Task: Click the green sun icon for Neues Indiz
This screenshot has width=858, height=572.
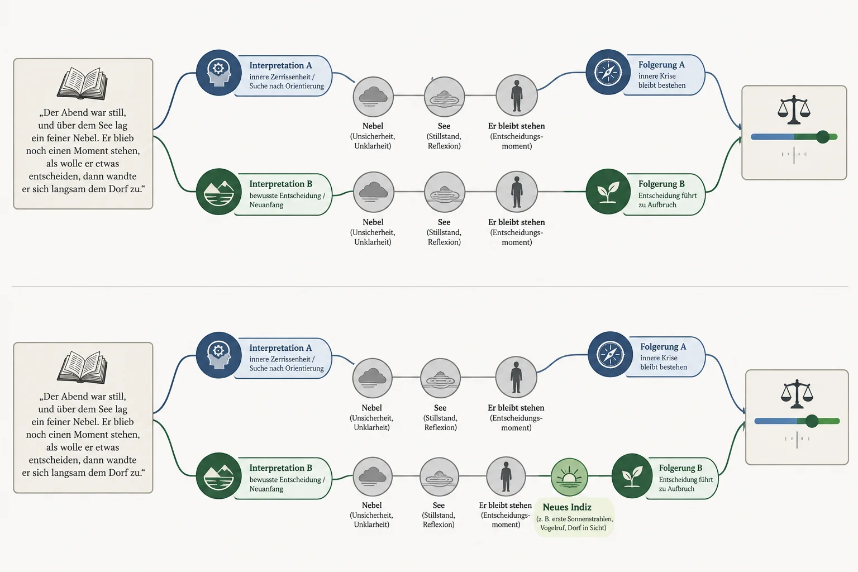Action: pos(569,477)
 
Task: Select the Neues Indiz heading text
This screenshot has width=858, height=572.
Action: pos(567,507)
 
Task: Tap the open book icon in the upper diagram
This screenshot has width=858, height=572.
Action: pos(82,84)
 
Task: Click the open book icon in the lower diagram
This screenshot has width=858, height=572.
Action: pos(82,367)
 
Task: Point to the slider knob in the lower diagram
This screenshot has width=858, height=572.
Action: pos(812,421)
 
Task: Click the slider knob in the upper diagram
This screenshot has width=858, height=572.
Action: pos(823,137)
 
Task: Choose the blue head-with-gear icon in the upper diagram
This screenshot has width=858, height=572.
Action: pos(219,73)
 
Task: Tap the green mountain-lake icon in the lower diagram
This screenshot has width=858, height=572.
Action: pos(219,476)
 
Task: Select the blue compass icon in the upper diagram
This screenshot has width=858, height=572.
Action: pos(608,72)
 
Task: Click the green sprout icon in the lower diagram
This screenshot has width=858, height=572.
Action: pos(632,476)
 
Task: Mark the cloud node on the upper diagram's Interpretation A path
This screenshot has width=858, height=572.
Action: pos(373,97)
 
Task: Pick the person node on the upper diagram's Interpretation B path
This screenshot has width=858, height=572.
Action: pos(517,192)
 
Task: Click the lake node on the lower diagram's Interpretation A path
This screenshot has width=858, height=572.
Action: pos(441,378)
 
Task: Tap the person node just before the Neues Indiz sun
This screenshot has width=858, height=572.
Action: pos(506,476)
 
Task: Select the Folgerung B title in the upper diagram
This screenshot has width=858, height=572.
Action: pos(661,184)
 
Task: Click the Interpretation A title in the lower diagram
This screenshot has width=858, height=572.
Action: pos(280,348)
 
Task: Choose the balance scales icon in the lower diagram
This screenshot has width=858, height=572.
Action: pos(797,394)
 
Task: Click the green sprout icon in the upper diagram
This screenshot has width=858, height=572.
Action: pos(608,192)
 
